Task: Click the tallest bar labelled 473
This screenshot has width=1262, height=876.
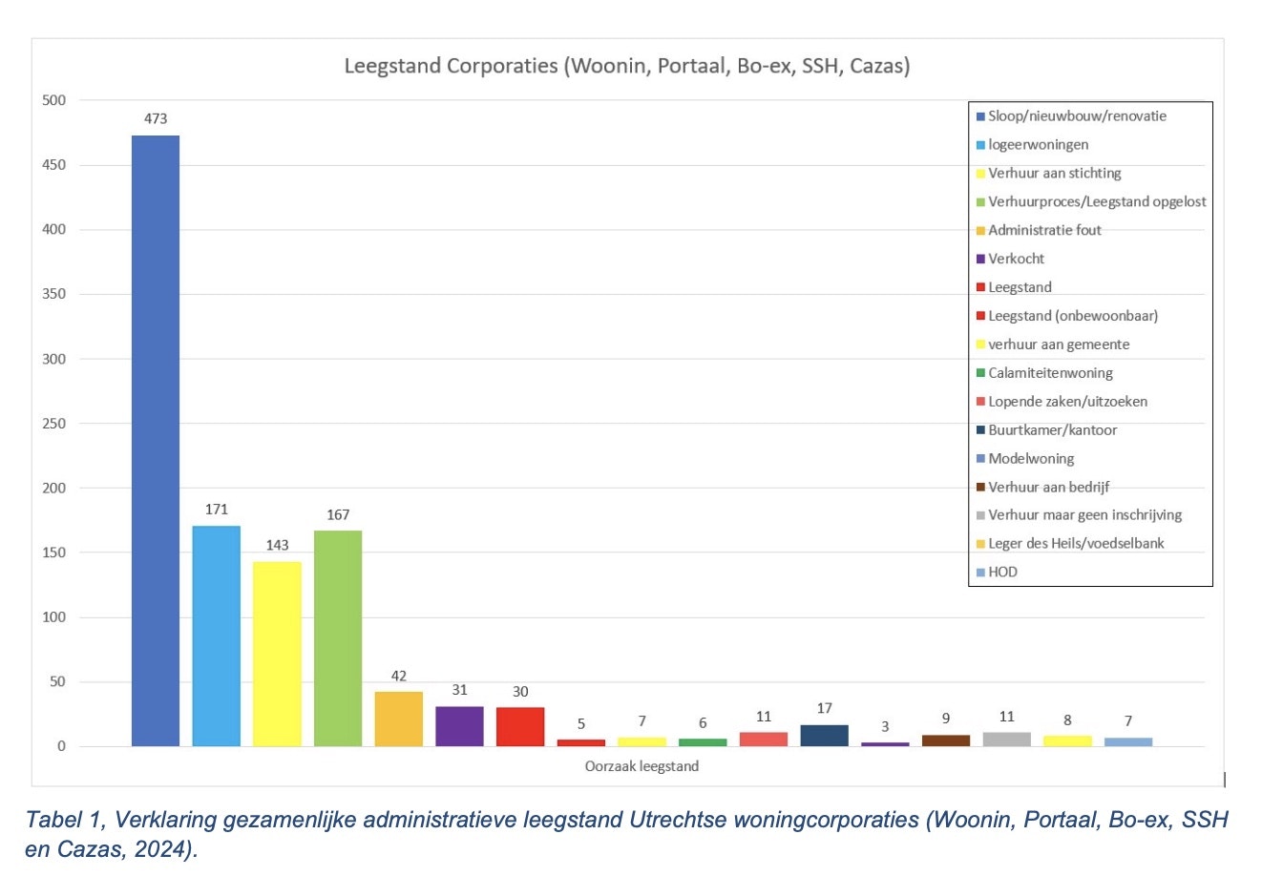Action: (x=156, y=440)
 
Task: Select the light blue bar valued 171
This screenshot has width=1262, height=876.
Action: (x=217, y=636)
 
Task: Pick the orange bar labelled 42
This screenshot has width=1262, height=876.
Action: (x=399, y=719)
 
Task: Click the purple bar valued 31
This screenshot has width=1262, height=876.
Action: (x=459, y=726)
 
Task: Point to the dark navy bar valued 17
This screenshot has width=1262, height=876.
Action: (x=825, y=736)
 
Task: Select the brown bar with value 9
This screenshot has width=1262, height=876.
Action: (x=946, y=740)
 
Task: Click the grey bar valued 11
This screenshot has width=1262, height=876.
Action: (x=1007, y=740)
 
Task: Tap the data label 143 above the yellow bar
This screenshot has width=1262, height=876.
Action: (x=277, y=546)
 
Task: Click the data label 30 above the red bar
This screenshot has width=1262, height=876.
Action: (x=520, y=692)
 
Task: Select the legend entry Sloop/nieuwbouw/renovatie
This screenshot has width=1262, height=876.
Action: (x=1077, y=116)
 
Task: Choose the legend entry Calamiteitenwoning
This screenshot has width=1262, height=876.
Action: (x=1050, y=373)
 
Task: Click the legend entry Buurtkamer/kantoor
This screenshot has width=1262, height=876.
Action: (x=1052, y=430)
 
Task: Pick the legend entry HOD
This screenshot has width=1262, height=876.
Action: (x=1002, y=573)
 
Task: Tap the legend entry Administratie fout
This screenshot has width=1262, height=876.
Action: (x=1044, y=231)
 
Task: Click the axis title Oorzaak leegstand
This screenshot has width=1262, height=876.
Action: (x=642, y=766)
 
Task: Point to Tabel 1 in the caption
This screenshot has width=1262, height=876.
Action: (x=59, y=821)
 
